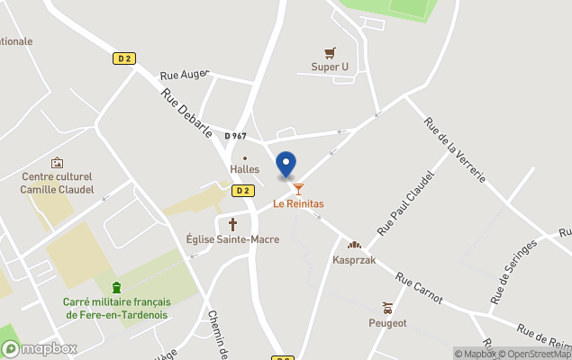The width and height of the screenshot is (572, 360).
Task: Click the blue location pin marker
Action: [286, 165]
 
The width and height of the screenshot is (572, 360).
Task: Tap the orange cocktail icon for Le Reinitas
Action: [299, 189]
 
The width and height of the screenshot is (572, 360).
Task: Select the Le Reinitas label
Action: [298, 204]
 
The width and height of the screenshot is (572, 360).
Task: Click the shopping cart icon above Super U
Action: [330, 53]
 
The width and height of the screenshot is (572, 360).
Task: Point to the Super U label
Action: [330, 67]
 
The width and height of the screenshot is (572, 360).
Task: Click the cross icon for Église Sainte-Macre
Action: [232, 224]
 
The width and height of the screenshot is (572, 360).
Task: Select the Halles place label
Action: [244, 169]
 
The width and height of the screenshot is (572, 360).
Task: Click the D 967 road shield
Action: [235, 136]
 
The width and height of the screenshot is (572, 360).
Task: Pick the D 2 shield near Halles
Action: [241, 191]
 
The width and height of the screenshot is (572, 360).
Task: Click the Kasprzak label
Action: [354, 260]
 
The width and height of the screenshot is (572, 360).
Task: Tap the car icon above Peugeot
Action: [387, 308]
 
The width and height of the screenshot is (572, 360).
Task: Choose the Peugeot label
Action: [387, 322]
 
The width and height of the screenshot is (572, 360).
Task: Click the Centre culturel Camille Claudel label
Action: [57, 183]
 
